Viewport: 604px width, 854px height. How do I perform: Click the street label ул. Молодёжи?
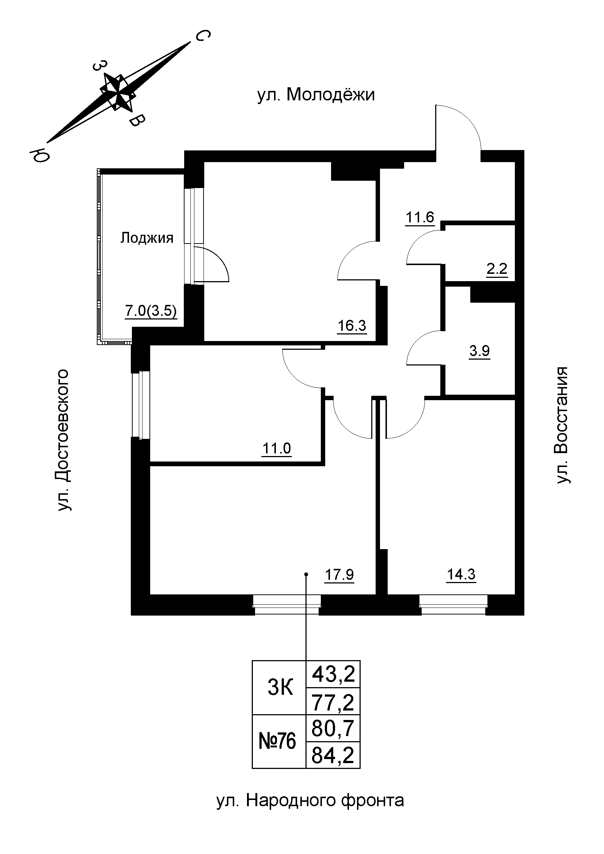[x=316, y=95]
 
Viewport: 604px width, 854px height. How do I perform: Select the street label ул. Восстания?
[x=562, y=425]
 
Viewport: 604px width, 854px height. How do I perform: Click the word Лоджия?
[x=147, y=238]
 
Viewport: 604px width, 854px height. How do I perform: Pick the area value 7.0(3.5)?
[x=151, y=311]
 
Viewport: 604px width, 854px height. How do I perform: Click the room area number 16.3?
[x=352, y=326]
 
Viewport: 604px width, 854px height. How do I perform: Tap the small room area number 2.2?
[x=497, y=268]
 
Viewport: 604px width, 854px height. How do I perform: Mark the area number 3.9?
[x=479, y=351]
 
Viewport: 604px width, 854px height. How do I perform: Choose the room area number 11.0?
[x=277, y=449]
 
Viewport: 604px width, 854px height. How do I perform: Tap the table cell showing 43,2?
[x=333, y=674]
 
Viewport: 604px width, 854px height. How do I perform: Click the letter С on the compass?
[x=203, y=36]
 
